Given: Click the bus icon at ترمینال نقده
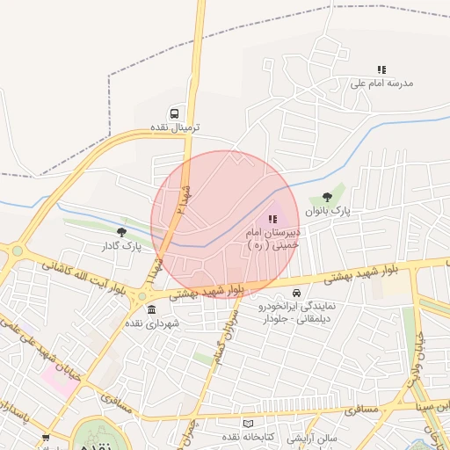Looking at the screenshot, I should point(174,113).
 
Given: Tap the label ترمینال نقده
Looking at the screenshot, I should point(174,127).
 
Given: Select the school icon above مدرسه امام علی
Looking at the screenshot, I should point(381,69).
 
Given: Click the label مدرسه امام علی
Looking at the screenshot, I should point(381,83).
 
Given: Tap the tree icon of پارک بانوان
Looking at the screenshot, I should point(328,198).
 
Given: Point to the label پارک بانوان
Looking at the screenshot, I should point(327,212).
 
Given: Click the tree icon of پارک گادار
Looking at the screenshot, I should point(121,232).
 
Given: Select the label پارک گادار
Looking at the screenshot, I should point(121,245).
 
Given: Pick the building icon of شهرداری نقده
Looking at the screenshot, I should point(152,309).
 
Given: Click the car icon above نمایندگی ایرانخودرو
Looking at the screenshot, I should point(296,293).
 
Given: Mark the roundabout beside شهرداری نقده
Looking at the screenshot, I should point(142,296).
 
